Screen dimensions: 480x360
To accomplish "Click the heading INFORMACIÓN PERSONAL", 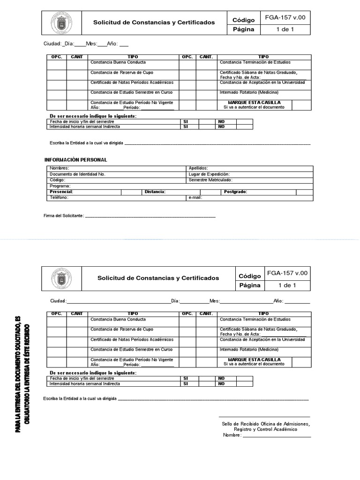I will coord(76,160).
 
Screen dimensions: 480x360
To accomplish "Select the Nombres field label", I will coord(60,168).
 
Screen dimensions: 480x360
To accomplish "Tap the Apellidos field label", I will coord(198,168).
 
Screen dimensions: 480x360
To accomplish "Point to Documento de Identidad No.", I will coord(78,174).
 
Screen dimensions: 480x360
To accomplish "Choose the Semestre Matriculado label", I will coord(210,180).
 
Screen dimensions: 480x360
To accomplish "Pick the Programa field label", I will coord(60,186).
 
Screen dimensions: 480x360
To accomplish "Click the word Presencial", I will coord(61,192).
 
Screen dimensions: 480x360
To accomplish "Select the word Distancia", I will coord(155,192).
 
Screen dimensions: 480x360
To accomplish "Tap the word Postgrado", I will coord(235,192).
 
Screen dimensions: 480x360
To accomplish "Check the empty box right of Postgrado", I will coord(304,192).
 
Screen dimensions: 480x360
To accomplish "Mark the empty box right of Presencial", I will coord(131,192).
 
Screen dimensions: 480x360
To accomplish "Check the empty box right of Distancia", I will coord(210,192).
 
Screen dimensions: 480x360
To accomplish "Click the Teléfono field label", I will coord(60,198).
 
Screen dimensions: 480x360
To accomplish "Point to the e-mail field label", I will coord(195,198).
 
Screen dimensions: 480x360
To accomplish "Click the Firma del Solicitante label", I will coord(64,216).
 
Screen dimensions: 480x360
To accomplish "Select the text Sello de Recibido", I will coord(239,424).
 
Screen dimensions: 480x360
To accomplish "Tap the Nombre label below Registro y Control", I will coord(232,435).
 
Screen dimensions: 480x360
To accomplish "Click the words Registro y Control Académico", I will coord(265,429).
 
